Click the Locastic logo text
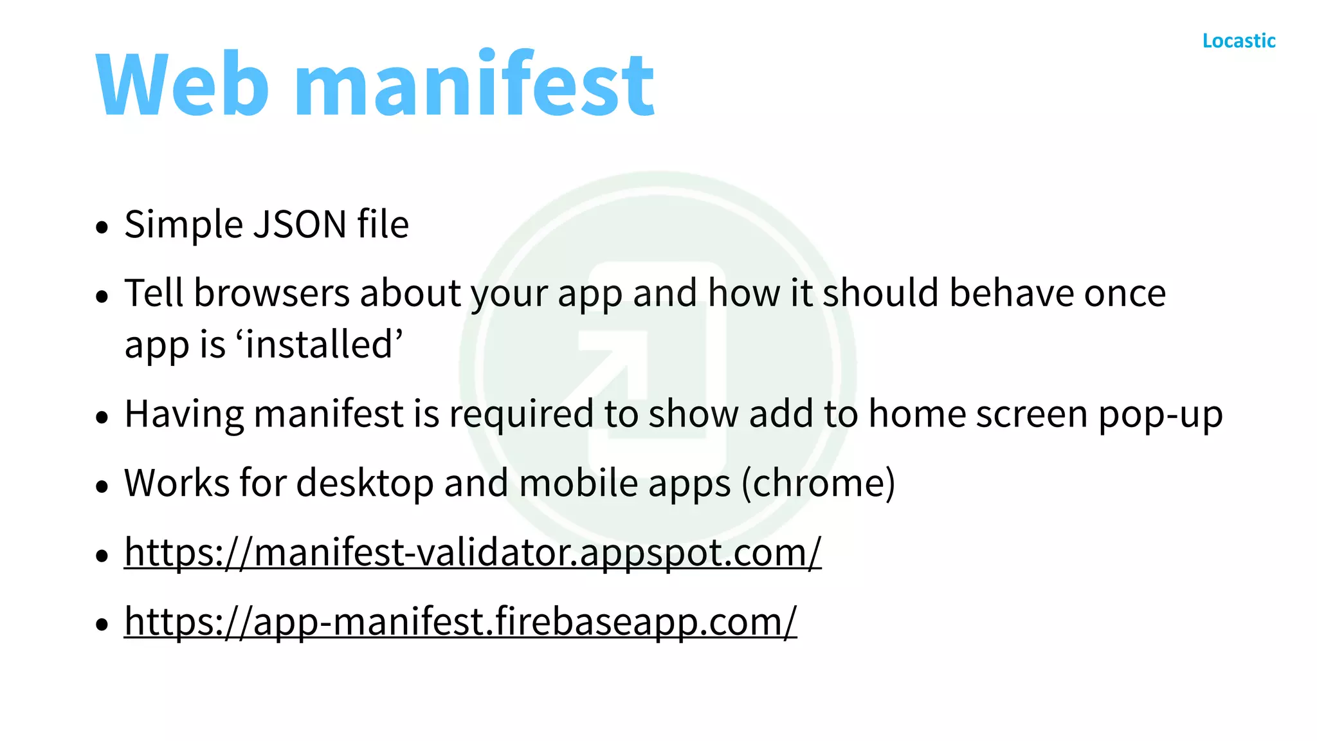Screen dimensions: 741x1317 pos(1239,41)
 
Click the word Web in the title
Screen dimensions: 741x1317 pos(182,84)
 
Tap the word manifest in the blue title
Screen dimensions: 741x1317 pos(474,84)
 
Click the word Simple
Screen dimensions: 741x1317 pos(184,224)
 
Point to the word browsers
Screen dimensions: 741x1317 pos(271,293)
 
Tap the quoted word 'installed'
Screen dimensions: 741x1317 pos(321,344)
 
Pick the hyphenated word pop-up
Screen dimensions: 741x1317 pos(1160,414)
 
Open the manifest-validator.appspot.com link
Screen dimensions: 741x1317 pos(473,552)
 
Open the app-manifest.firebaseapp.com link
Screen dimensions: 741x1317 pos(460,621)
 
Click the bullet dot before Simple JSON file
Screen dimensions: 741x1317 pos(102,227)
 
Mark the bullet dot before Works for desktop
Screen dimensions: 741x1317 pos(102,486)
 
